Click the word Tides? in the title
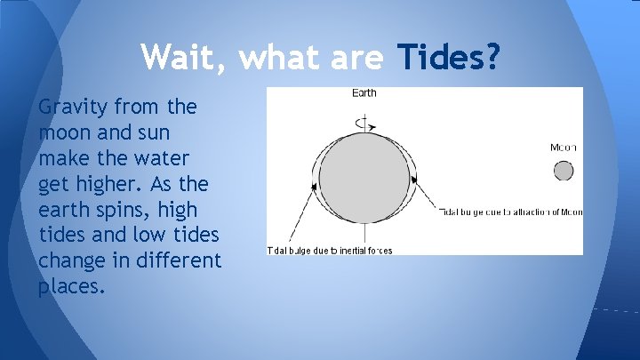pos(449,59)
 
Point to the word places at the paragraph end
pos(70,288)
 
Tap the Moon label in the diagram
pos(564,148)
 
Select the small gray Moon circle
pos(564,170)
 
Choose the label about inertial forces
pos(330,250)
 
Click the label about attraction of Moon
pos(510,211)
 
